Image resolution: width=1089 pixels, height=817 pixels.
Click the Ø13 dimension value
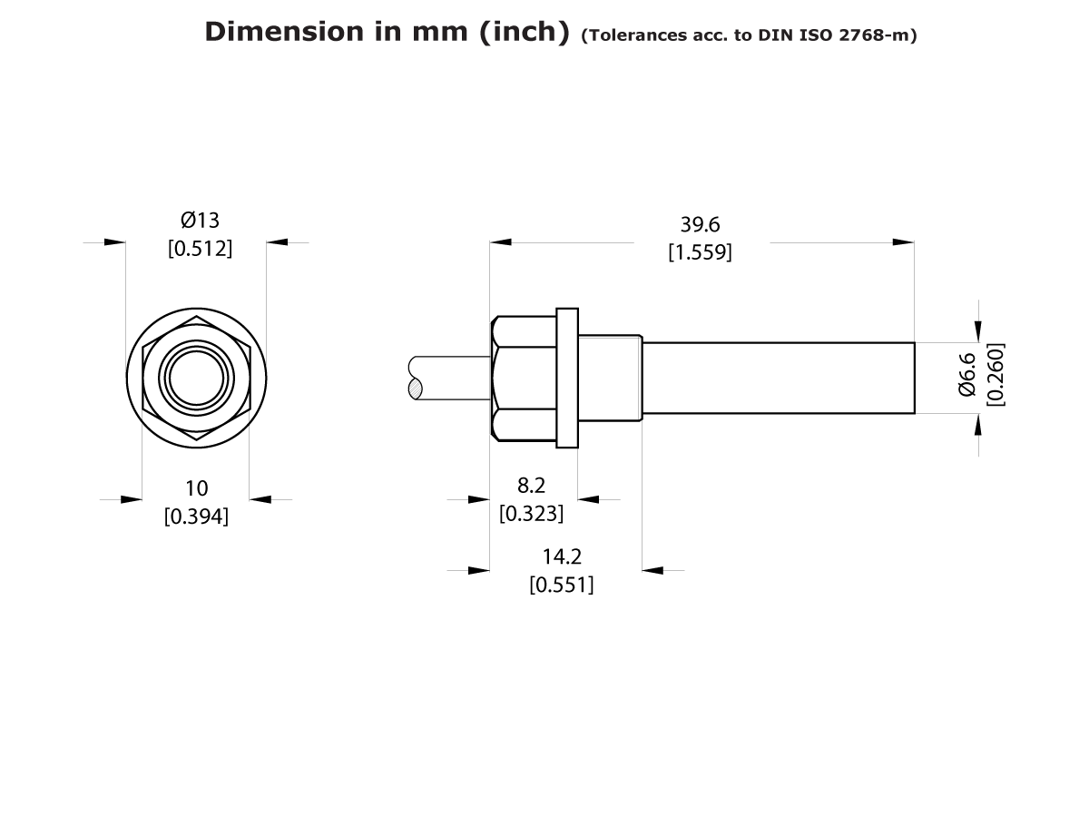tap(201, 220)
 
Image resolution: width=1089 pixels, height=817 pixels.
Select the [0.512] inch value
tap(201, 248)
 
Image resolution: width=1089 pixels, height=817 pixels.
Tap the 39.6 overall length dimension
tap(700, 225)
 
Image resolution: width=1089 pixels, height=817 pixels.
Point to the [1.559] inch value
tap(700, 252)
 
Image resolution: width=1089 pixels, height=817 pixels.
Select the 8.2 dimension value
tap(531, 486)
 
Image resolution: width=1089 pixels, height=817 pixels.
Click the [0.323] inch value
tap(531, 513)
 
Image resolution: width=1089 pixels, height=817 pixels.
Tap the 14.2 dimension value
tap(562, 556)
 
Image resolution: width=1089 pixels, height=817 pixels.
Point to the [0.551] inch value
tap(562, 585)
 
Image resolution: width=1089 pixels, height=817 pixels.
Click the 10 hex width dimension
tap(196, 488)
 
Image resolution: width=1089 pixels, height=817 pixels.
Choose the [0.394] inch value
tap(196, 517)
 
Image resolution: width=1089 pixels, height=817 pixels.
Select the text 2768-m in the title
tap(880, 35)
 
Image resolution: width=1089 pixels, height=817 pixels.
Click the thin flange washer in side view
tap(567, 378)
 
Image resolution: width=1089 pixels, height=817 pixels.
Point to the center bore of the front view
tap(196, 378)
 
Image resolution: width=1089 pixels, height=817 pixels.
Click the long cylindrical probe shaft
tap(779, 378)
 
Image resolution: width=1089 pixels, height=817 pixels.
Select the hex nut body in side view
tap(525, 378)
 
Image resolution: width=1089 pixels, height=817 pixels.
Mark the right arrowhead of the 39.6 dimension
tap(904, 242)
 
